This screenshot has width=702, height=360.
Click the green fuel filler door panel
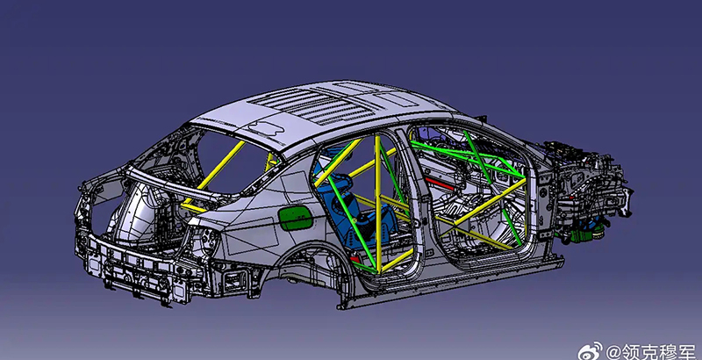tap(296, 219)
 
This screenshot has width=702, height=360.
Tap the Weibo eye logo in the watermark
tap(590, 351)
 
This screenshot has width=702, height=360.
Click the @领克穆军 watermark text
tap(650, 350)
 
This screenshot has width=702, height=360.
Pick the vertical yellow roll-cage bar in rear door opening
tap(378, 204)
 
